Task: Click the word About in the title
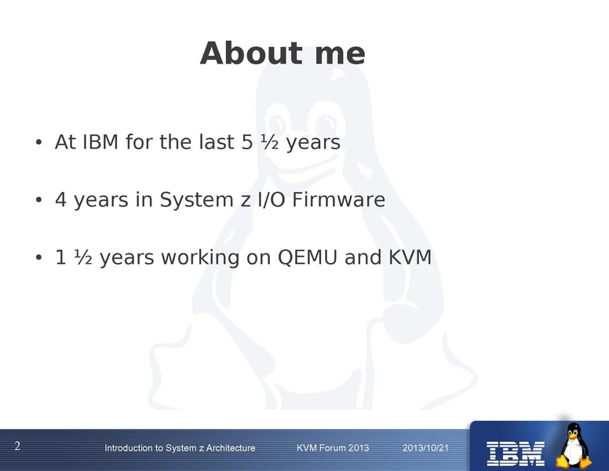pyautogui.click(x=251, y=53)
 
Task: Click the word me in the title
pyautogui.click(x=340, y=56)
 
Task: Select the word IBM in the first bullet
pyautogui.click(x=100, y=142)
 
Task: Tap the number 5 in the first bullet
pyautogui.click(x=247, y=142)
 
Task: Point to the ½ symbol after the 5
pyautogui.click(x=269, y=142)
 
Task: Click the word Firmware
pyautogui.click(x=339, y=199)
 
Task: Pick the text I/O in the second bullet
pyautogui.click(x=271, y=199)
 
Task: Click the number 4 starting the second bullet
pyautogui.click(x=61, y=199)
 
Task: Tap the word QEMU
pyautogui.click(x=307, y=257)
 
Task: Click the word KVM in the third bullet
pyautogui.click(x=410, y=257)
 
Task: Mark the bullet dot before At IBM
pyautogui.click(x=38, y=143)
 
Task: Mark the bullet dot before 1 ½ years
pyautogui.click(x=38, y=258)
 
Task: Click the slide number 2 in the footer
pyautogui.click(x=17, y=446)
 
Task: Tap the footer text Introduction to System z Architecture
pyautogui.click(x=180, y=448)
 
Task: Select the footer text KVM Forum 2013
pyautogui.click(x=333, y=448)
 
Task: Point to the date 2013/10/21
pyautogui.click(x=425, y=448)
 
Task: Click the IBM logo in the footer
pyautogui.click(x=516, y=454)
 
